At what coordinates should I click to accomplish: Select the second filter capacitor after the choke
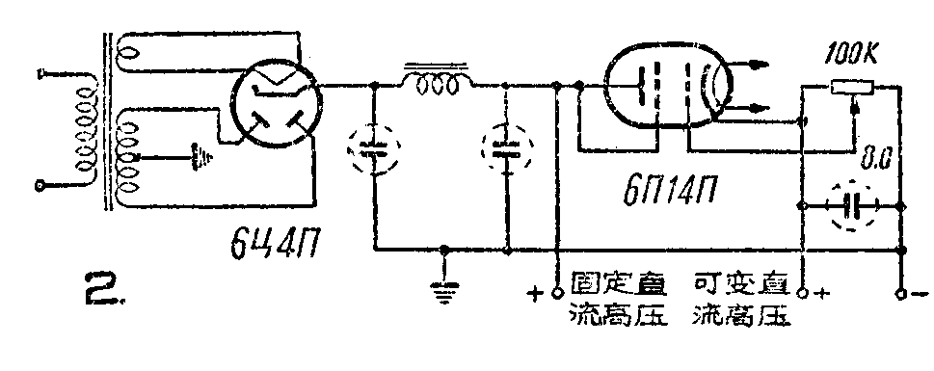pyautogui.click(x=504, y=151)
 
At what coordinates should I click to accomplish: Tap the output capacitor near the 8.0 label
pyautogui.click(x=852, y=206)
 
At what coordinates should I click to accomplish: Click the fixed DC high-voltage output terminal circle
pyautogui.click(x=557, y=290)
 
